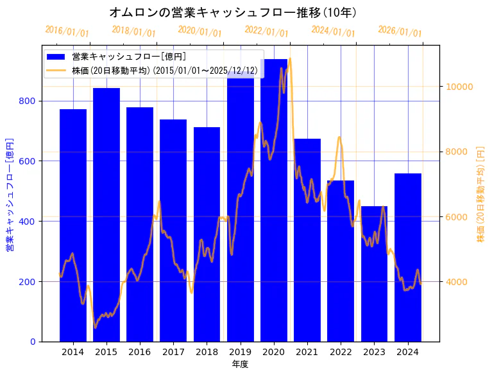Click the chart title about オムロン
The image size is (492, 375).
[x=233, y=12]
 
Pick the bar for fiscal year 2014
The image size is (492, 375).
[x=73, y=225]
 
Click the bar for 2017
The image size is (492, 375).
[x=173, y=231]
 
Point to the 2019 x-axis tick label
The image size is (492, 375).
[x=240, y=351]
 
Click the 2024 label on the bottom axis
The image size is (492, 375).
[x=407, y=351]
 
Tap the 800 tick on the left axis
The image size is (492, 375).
[x=30, y=101]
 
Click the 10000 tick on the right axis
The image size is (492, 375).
[x=460, y=87]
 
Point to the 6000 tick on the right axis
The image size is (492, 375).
[x=457, y=217]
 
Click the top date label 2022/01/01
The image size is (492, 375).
[x=266, y=31]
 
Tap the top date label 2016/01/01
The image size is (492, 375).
[x=67, y=31]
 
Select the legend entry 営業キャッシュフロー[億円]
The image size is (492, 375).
[x=129, y=57]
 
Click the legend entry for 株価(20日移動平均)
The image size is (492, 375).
[x=164, y=70]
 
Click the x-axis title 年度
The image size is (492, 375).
[x=240, y=364]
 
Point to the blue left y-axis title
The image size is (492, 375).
[x=10, y=193]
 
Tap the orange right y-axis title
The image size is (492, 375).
[x=480, y=193]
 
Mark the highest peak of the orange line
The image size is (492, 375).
[x=290, y=58]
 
